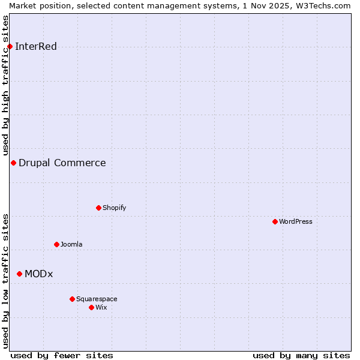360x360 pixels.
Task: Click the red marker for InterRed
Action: [x=10, y=47]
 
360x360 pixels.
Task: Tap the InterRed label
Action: [x=36, y=47]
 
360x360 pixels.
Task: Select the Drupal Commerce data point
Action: [x=13, y=163]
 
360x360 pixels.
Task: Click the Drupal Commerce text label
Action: [x=62, y=163]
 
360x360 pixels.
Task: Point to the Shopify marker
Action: [x=98, y=208]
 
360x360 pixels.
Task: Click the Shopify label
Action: [x=114, y=208]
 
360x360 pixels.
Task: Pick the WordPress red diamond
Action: [x=275, y=221]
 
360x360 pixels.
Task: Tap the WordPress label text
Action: [x=295, y=221]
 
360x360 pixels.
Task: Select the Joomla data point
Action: [x=56, y=244]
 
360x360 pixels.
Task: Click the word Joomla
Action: [x=71, y=244]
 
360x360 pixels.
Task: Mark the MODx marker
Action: [x=19, y=274]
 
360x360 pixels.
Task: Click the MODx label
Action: [x=38, y=274]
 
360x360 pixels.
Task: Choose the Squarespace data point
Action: [x=72, y=299]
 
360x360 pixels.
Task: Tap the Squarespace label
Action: [x=97, y=299]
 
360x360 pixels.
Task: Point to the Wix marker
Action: [x=91, y=307]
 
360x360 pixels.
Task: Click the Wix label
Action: [x=101, y=307]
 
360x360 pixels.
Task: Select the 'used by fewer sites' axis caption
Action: [x=62, y=355]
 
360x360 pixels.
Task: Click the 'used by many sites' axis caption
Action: [x=301, y=355]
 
